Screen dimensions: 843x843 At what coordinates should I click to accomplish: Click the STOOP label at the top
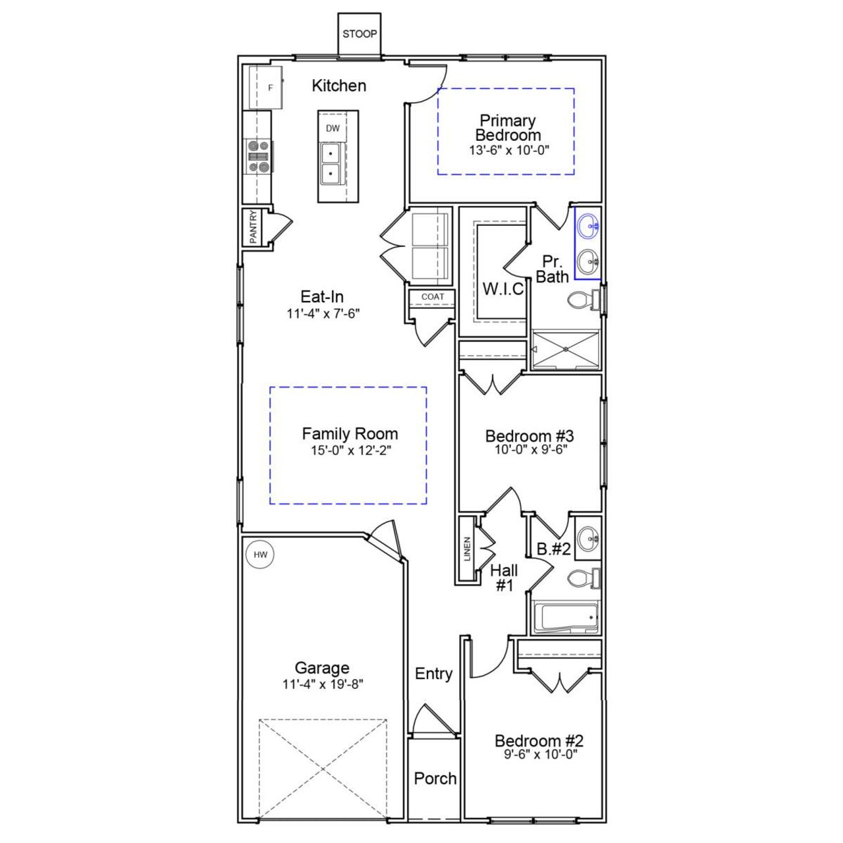click(359, 34)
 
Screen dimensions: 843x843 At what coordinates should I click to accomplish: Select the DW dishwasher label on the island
click(333, 128)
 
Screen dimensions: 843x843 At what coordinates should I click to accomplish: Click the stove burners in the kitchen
click(258, 157)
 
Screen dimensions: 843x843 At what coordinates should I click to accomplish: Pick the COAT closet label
click(432, 297)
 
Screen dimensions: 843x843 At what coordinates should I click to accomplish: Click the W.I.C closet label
click(503, 289)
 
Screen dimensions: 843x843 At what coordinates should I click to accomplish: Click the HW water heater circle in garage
click(260, 555)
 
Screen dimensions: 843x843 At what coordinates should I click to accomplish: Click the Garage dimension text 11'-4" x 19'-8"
click(323, 684)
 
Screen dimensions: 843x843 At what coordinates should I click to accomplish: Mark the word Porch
click(435, 778)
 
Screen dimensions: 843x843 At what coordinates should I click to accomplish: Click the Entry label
click(433, 674)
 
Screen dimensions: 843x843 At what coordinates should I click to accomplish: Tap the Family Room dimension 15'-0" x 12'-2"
click(350, 450)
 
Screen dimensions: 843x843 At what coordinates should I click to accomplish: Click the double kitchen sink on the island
click(331, 164)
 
